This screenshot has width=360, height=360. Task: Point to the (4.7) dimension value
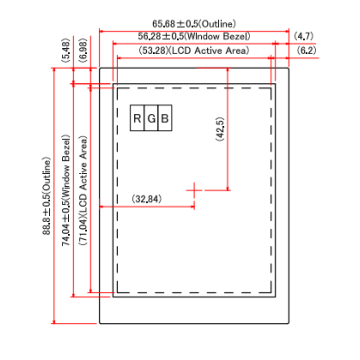(306, 35)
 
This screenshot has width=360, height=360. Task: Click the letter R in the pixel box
(138, 119)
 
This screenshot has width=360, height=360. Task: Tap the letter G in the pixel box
(152, 119)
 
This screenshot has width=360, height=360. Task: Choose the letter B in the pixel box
(166, 119)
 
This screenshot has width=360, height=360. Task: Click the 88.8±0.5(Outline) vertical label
(46, 195)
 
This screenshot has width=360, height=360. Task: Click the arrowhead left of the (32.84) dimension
(120, 205)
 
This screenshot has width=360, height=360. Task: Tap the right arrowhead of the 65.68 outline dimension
(287, 28)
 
